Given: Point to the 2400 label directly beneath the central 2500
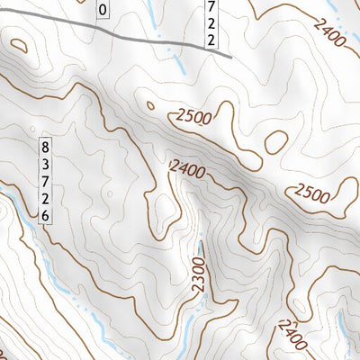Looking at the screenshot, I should tap(187, 167).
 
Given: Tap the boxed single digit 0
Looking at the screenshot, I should tap(102, 10).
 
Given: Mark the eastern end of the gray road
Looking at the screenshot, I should tap(231, 56).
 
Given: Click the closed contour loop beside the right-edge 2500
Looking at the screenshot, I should tap(342, 190).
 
